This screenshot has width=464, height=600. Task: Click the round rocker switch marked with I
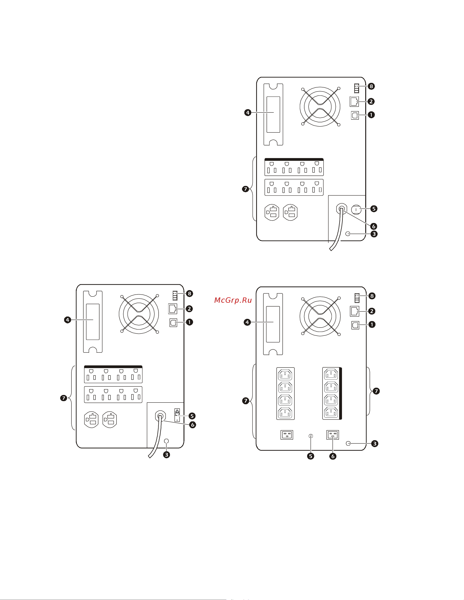coord(356,210)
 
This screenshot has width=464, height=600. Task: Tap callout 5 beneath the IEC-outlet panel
coord(311,456)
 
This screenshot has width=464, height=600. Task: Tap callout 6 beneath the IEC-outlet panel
coord(333,456)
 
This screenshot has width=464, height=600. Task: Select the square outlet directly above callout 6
coord(333,435)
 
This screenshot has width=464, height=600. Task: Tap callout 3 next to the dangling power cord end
coord(167,455)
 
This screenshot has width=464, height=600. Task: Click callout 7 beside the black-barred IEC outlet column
coord(376,391)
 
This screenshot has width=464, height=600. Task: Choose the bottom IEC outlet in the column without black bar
coord(285,413)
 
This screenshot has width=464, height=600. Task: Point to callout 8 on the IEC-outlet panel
coord(372,296)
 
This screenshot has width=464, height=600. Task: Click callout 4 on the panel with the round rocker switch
coord(248,112)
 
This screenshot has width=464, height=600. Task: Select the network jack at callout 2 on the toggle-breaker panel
coord(173,309)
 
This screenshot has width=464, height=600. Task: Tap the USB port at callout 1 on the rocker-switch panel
coord(355,115)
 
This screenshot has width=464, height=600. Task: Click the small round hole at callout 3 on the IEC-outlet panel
coord(348,443)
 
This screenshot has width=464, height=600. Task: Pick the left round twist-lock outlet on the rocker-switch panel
coord(272,212)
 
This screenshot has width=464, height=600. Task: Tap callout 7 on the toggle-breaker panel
coord(64,398)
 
